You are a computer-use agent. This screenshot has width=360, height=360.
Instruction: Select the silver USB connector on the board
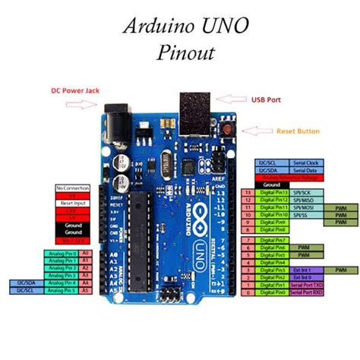194,110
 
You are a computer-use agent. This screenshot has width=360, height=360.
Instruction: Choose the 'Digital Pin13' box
274,192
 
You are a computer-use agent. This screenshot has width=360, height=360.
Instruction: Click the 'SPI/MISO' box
306,200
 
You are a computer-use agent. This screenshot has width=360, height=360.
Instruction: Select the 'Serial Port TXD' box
306,285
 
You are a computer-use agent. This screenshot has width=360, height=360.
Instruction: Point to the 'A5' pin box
86,291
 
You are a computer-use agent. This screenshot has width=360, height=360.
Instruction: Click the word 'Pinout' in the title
187,54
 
